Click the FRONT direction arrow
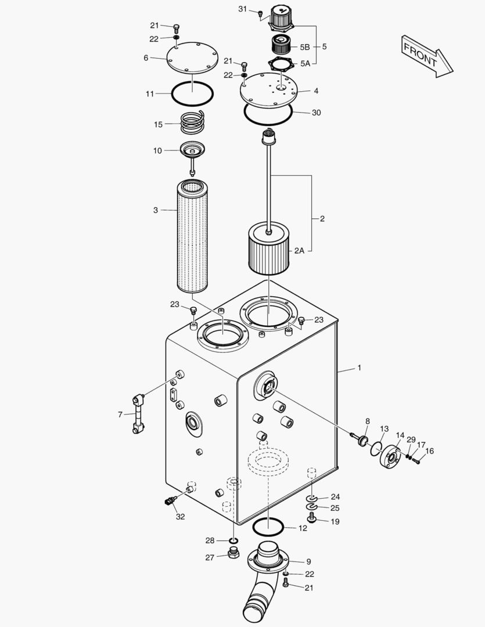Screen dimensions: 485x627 [x=427, y=56]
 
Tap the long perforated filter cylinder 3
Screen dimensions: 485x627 [x=192, y=237]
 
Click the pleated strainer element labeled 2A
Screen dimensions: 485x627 [x=268, y=250]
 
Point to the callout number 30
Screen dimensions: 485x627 [x=316, y=113]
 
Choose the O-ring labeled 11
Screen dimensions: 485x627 [x=192, y=95]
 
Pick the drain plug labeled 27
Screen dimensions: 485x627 [x=233, y=553]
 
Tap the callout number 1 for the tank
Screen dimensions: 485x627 [x=360, y=367]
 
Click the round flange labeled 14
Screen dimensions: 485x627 [x=390, y=457]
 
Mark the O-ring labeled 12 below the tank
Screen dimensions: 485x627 [x=268, y=526]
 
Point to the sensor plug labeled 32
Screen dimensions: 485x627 [x=170, y=500]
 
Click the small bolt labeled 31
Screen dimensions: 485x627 [x=260, y=15]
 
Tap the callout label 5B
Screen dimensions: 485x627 [x=305, y=47]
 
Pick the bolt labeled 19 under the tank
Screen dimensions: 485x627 [x=312, y=520]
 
